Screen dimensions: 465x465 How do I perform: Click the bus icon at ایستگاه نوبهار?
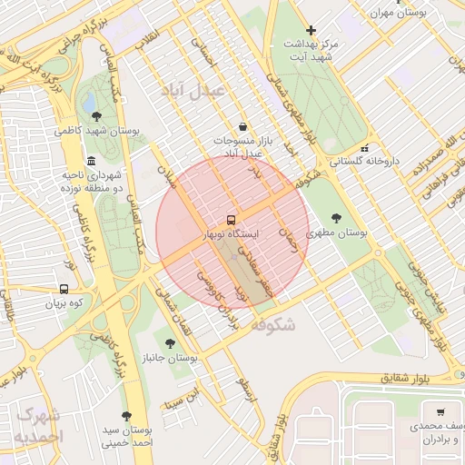[x=231, y=220]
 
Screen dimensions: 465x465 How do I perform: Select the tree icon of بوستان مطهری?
[x=337, y=218]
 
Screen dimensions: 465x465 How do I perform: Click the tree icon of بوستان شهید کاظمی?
[x=97, y=115]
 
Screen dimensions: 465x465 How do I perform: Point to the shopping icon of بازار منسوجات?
[x=242, y=127]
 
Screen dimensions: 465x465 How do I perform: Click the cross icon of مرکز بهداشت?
[x=312, y=30]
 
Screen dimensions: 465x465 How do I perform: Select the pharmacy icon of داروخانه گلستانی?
[x=365, y=148]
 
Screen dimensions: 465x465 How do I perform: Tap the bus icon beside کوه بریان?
[x=63, y=289]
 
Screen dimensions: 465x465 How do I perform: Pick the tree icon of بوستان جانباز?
[x=170, y=343]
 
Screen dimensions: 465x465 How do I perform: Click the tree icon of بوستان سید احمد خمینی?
[x=126, y=416]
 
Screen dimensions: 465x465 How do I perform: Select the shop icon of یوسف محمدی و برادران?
[x=440, y=411]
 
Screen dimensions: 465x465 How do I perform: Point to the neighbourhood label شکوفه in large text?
[x=272, y=323]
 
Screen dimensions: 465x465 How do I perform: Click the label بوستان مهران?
[x=400, y=14]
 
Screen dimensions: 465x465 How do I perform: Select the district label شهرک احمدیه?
[x=39, y=426]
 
